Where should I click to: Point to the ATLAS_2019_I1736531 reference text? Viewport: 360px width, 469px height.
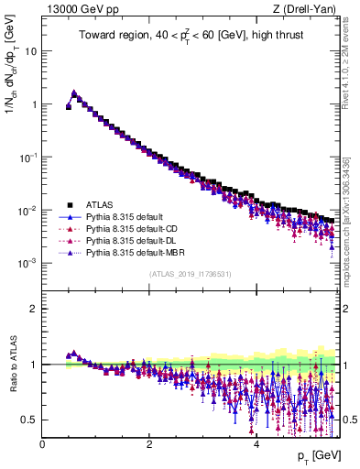[x=189, y=274]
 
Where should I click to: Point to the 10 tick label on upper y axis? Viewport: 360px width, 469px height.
[x=29, y=51]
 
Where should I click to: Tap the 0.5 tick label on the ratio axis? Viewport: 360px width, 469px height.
[x=28, y=420]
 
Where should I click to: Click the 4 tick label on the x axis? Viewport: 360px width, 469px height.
[x=256, y=444]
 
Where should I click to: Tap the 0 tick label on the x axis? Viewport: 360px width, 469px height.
[x=42, y=444]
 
